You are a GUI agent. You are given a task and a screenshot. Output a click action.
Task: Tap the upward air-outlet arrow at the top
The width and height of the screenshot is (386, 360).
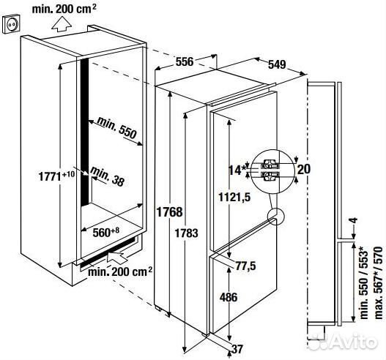pyautogui.click(x=62, y=24)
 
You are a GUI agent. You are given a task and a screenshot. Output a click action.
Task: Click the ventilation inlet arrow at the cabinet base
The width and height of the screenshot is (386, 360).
pyautogui.click(x=118, y=258)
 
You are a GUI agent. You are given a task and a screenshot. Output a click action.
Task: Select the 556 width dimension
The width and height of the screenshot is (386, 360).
pyautogui.click(x=185, y=61)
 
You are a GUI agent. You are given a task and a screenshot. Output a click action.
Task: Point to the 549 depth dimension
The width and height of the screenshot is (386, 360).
pyautogui.click(x=277, y=64)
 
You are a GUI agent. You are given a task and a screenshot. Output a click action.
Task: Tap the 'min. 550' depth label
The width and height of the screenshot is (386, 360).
pyautogui.click(x=116, y=127)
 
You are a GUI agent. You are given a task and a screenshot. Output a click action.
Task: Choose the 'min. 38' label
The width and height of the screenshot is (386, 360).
pyautogui.click(x=108, y=176)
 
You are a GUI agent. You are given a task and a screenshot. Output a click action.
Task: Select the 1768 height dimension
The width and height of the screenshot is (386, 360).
pyautogui.click(x=170, y=211)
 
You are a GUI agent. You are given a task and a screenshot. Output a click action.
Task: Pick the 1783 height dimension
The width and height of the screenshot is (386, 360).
pyautogui.click(x=186, y=233)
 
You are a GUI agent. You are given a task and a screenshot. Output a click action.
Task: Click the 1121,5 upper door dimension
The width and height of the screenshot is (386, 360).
pyautogui.click(x=234, y=197)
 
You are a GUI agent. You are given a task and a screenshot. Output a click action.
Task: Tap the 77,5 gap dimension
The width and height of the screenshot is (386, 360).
pyautogui.click(x=246, y=266)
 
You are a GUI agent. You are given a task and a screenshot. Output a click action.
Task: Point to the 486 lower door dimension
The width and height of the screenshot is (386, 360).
pyautogui.click(x=229, y=297)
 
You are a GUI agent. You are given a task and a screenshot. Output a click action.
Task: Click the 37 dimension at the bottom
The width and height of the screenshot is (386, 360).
pyautogui.click(x=237, y=349)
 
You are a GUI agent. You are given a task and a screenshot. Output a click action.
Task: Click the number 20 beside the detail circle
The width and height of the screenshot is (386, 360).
pyautogui.click(x=304, y=169)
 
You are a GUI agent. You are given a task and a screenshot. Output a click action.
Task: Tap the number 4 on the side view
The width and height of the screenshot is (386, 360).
pyautogui.click(x=354, y=220)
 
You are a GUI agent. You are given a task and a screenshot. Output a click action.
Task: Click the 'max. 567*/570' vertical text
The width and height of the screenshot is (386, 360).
pyautogui.click(x=379, y=282)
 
